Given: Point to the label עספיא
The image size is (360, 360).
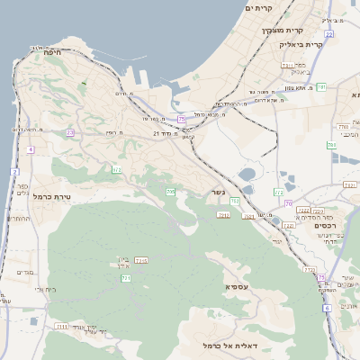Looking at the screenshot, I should pyautogui.click(x=238, y=285).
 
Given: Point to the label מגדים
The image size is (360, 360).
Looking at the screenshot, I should pyautogui.click(x=24, y=272).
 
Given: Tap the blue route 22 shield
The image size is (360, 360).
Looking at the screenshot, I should pyautogui.click(x=329, y=34).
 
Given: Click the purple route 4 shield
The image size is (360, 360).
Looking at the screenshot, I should pyautogui.click(x=30, y=149).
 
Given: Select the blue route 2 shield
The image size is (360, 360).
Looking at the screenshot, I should pyautogui.click(x=13, y=172).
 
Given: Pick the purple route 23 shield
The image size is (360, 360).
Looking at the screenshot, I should pyautogui.click(x=70, y=132).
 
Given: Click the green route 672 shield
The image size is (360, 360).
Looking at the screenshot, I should pyautogui.click(x=116, y=169).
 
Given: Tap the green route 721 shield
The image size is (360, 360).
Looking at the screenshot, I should pyautogui.click(x=126, y=279).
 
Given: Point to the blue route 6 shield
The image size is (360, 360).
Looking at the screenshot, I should pyautogui.click(x=326, y=307).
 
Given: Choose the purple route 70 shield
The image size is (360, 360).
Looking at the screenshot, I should pyautogui.click(x=288, y=203).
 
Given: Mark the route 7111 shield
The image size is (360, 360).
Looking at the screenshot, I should pyautogui.click(x=61, y=326).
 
